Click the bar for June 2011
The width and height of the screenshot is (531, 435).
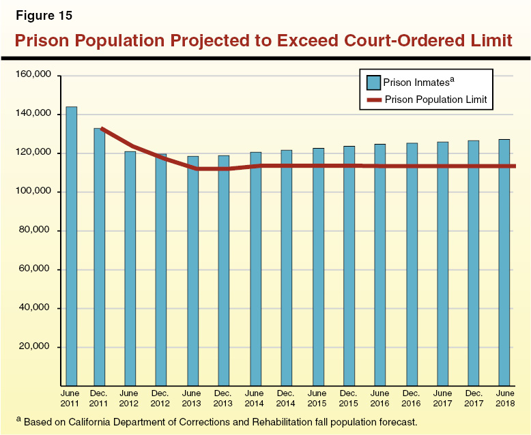tap(71, 246)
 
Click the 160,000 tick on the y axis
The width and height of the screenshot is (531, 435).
tap(34, 75)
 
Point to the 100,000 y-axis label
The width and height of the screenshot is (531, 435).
tap(34, 192)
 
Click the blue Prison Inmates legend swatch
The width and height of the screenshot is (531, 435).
tap(373, 82)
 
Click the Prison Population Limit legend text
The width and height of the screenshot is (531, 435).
tap(435, 100)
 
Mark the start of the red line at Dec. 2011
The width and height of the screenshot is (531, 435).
tap(102, 128)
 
